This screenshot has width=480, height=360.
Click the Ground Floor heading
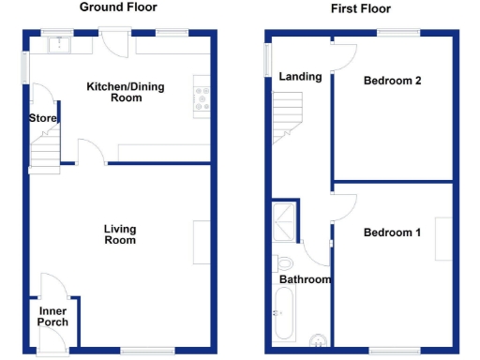coord(117,7)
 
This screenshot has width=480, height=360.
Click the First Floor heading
coord(361,8)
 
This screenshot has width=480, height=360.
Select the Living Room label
coord(120,234)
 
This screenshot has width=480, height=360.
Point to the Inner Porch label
coord(52,316)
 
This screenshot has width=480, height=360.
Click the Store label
coord(43,118)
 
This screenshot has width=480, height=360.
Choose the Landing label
coord(300,77)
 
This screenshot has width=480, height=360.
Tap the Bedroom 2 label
coord(392,81)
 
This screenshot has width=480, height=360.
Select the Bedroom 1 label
coord(392,232)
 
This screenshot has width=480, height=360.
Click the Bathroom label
coord(305,279)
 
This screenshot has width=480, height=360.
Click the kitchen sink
coord(61,42)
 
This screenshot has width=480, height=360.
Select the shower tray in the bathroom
coord(283,222)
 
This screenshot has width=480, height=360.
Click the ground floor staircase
coord(45,151)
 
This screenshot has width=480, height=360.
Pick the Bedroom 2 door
coord(342,54)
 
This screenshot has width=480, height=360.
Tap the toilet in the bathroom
coord(286,262)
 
